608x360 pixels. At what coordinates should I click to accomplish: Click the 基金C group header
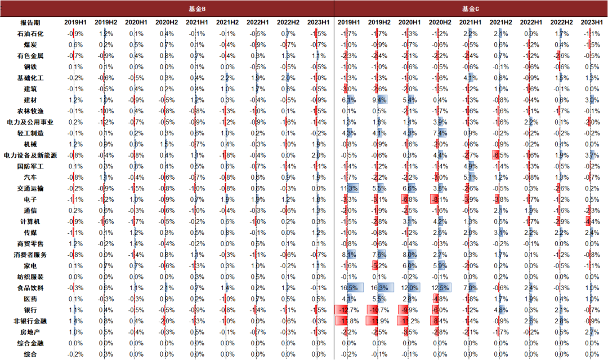[x=471, y=8]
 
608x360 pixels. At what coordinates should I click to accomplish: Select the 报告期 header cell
[x=30, y=23]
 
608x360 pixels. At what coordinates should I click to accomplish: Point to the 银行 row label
[x=30, y=310]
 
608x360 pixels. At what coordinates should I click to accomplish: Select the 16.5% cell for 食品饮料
[x=349, y=288]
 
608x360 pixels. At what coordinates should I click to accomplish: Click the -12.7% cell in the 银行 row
[x=349, y=310]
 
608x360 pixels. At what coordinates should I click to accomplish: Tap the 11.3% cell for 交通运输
[x=349, y=188]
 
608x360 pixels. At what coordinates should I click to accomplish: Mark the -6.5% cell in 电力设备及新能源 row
[x=501, y=155]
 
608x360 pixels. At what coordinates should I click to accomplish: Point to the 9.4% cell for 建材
[x=379, y=100]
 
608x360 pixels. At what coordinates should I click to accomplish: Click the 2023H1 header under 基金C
[x=592, y=23]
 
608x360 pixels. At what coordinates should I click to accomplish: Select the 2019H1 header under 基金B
[x=75, y=23]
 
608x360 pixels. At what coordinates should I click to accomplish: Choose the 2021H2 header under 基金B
[x=227, y=23]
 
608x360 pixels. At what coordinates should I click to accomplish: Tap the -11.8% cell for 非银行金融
[x=349, y=321]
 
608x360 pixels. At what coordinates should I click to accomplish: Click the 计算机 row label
[x=30, y=221]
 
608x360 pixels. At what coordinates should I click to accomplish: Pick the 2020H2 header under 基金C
[x=440, y=23]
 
